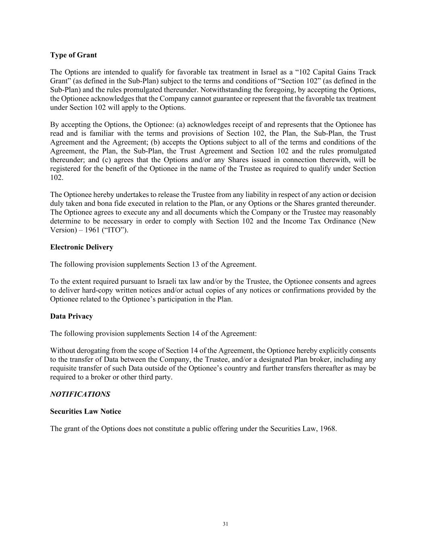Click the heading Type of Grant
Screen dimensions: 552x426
[73, 55]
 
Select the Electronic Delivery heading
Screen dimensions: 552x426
[82, 247]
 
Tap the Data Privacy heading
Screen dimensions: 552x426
[71, 316]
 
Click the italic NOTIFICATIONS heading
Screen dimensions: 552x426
[80, 394]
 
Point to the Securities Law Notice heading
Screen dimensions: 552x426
[86, 411]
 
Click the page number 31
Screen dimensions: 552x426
[225, 524]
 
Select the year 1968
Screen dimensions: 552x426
[328, 429]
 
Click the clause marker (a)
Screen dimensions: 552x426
[181, 125]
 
